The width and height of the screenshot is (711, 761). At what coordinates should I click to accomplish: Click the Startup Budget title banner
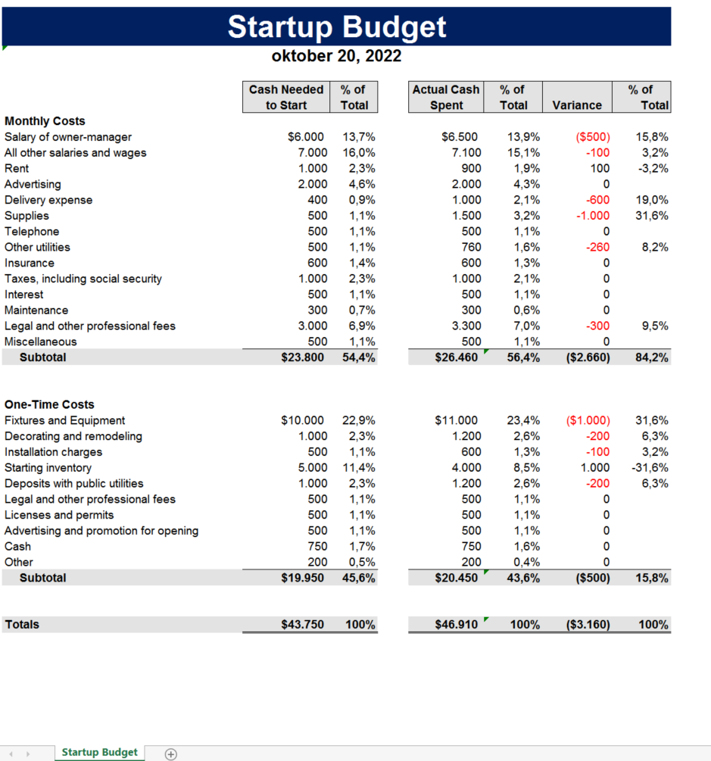(x=337, y=27)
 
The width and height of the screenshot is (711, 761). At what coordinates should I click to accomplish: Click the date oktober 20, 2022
(x=336, y=56)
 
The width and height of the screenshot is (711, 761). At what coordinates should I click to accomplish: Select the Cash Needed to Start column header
(x=286, y=97)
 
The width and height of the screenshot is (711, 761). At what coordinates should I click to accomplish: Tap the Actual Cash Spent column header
(x=446, y=97)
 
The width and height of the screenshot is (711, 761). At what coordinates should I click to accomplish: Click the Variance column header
(x=577, y=105)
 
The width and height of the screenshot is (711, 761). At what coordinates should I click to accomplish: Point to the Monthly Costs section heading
(x=45, y=121)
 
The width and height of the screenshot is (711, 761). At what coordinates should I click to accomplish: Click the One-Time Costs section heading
(x=49, y=404)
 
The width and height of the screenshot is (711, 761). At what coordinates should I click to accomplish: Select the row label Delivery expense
(x=48, y=200)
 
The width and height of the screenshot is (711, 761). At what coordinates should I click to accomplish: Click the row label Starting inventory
(x=48, y=468)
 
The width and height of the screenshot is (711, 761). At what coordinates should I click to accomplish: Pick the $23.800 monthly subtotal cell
(x=302, y=357)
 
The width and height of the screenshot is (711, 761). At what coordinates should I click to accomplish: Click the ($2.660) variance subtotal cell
(x=588, y=357)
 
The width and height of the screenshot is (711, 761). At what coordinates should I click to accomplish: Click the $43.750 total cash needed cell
(x=302, y=625)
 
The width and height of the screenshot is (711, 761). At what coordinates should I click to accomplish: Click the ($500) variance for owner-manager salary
(x=593, y=137)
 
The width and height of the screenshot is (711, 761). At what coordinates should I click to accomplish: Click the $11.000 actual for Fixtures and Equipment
(x=457, y=420)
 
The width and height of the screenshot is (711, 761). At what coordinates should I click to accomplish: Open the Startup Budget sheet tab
(x=99, y=752)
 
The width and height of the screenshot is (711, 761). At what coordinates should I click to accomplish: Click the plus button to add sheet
(x=171, y=753)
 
